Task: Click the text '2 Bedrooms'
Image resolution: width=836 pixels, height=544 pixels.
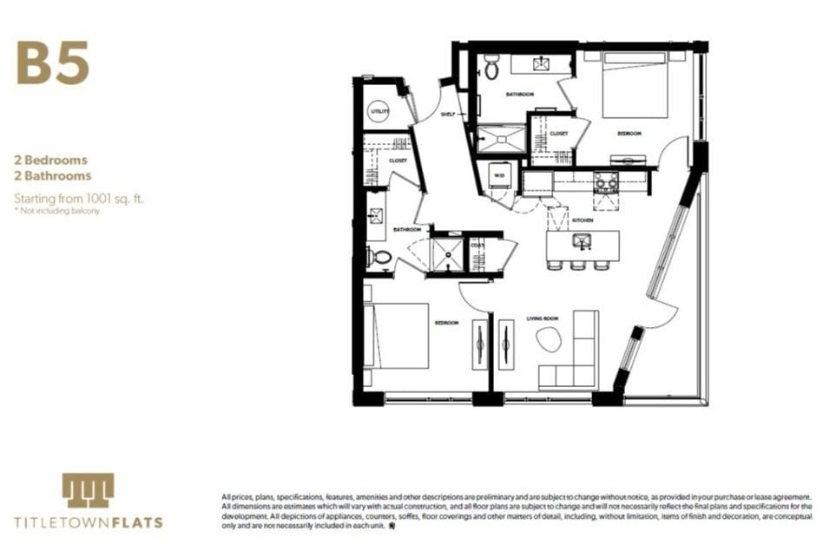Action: point(50,161)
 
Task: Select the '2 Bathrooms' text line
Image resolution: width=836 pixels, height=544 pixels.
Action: point(53,175)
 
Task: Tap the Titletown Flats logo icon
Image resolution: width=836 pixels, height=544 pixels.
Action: point(88,490)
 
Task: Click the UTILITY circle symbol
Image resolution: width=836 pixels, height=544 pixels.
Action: point(379,111)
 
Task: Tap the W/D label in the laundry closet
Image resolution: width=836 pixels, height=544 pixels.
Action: point(499,174)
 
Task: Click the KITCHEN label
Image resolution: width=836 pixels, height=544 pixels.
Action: point(583,221)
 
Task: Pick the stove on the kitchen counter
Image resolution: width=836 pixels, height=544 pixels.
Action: point(604,181)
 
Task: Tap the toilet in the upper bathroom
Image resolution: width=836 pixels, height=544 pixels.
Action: point(491,68)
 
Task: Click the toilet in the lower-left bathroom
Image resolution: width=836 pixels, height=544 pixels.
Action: point(379,257)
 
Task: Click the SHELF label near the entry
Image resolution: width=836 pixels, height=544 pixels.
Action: point(448,114)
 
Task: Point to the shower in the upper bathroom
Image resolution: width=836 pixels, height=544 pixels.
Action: point(501,140)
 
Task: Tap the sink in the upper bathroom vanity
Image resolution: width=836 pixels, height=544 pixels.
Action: point(543,62)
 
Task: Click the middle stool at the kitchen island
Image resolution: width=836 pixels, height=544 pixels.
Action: point(578,265)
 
